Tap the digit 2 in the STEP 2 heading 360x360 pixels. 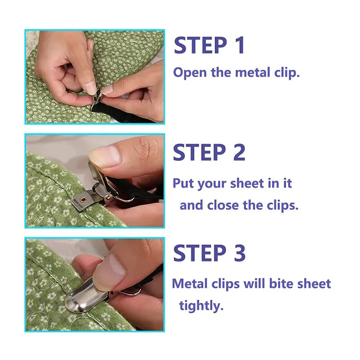(239, 152)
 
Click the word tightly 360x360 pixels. (201, 306)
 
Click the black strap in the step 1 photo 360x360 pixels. (119, 114)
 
